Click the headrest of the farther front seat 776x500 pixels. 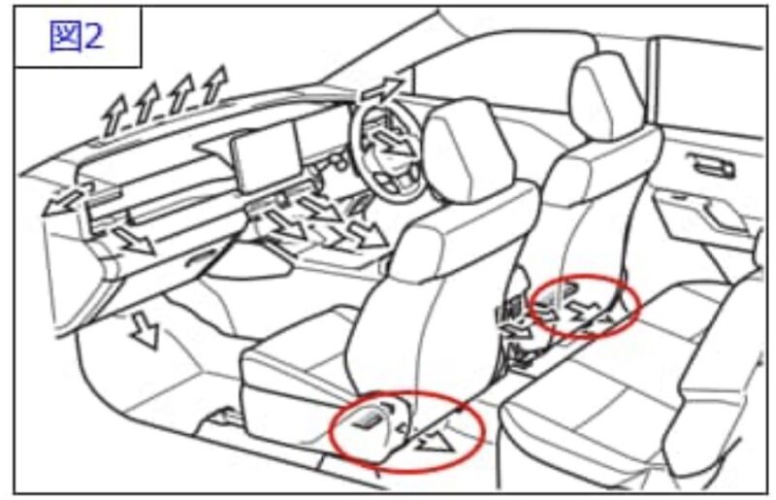(x=602, y=92)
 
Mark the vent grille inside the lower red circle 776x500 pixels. (x=369, y=420)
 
